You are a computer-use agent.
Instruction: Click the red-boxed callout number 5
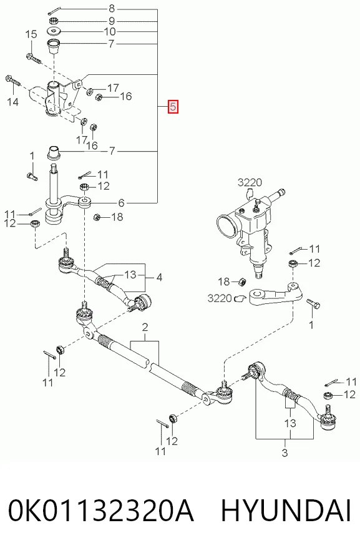point(173,106)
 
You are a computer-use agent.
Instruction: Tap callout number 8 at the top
point(112,8)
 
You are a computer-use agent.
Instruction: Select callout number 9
point(112,21)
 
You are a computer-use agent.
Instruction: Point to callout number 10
point(110,32)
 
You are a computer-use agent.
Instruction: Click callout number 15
point(31,34)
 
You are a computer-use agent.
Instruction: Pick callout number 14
point(12,102)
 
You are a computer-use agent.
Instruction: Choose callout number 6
point(121,203)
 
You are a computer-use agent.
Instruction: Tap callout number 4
point(159,278)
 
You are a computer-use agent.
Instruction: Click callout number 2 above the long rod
point(145,327)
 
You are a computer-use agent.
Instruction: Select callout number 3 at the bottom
point(285,452)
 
